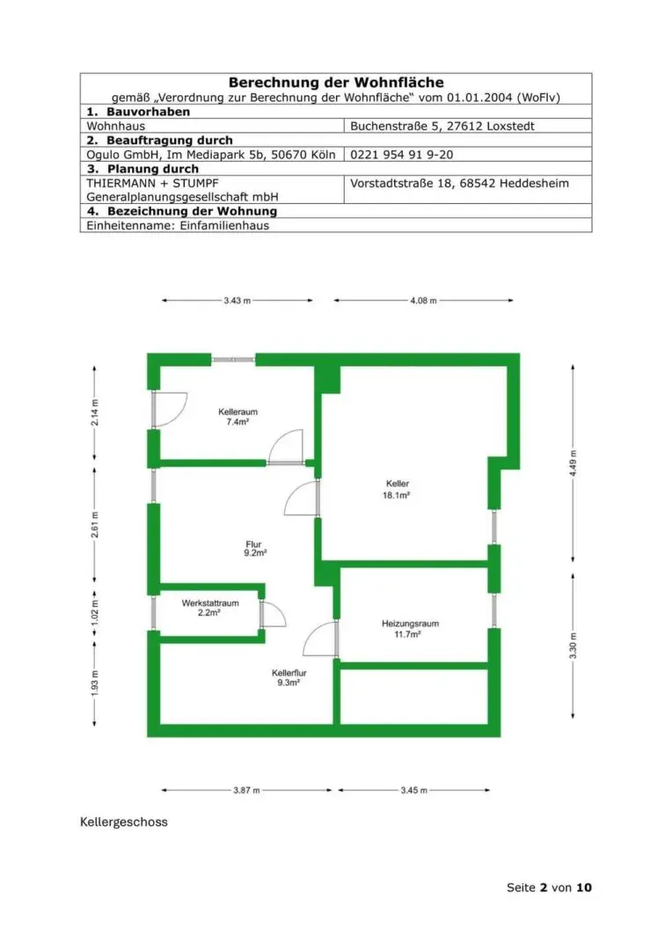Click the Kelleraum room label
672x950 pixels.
237,412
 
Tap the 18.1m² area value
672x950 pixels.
397,495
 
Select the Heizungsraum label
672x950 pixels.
410,624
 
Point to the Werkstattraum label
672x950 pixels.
210,603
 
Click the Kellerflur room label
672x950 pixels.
289,673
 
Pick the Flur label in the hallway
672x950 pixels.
254,544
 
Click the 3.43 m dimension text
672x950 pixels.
237,301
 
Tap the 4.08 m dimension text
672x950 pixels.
423,301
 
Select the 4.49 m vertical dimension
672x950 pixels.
573,464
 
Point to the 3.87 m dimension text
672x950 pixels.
246,790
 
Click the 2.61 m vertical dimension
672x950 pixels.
94,524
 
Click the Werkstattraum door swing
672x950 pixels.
274,614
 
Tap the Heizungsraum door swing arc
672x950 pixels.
320,639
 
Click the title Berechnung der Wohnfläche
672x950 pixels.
336,83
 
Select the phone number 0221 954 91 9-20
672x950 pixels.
402,155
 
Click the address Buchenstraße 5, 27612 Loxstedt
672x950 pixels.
442,126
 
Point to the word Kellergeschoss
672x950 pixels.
124,822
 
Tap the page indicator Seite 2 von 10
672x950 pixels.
549,888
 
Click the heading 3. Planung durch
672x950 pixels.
142,169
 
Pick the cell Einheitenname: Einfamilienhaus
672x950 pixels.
178,225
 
